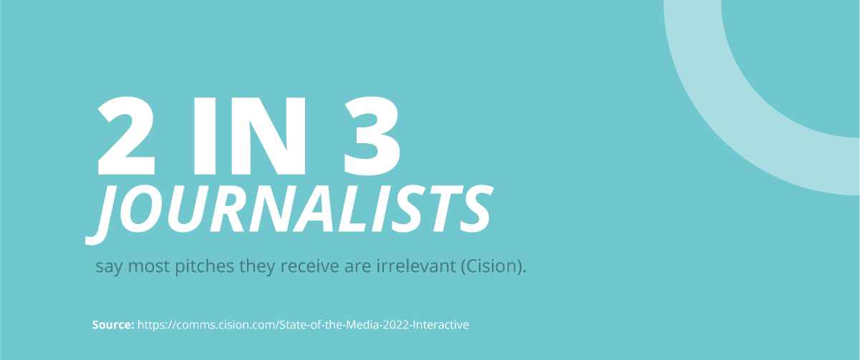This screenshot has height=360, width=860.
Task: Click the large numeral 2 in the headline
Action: pos(126,136)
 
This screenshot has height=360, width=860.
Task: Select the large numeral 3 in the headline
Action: pos(372,136)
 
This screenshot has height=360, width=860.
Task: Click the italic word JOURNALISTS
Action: pos(289,214)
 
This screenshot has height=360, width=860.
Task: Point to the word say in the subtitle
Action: pos(109,267)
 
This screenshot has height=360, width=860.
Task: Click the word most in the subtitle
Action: pos(149,266)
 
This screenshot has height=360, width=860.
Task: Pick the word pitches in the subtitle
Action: pos(204,266)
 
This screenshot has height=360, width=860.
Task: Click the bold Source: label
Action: pos(113,325)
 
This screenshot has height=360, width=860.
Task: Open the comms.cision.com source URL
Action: pos(303,325)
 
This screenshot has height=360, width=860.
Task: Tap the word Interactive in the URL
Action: pos(440,325)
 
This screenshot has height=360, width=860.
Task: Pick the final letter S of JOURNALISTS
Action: pos(475,209)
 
